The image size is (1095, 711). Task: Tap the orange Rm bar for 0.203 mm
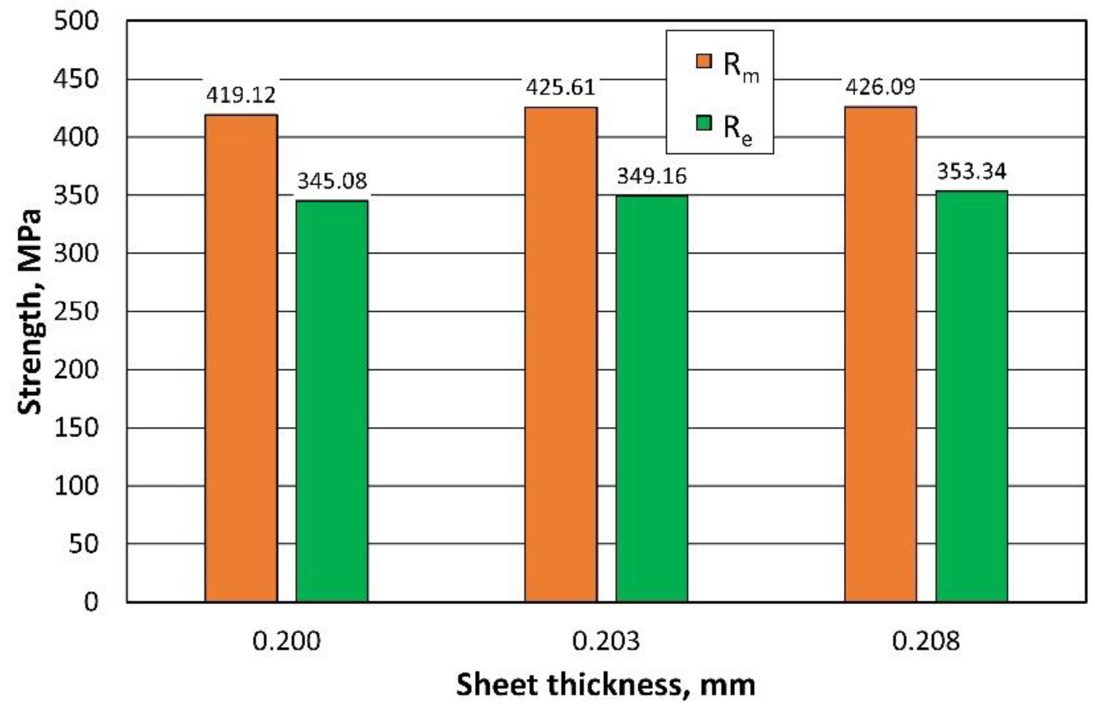(x=561, y=355)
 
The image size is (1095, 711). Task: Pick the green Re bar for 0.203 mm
(x=652, y=398)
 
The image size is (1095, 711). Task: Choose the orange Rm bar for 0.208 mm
(x=881, y=355)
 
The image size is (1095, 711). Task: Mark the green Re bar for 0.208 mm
(x=971, y=396)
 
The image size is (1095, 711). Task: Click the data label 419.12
(x=241, y=95)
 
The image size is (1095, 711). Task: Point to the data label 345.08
(x=332, y=181)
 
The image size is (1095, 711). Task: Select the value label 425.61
(x=561, y=87)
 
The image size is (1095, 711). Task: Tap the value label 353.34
(x=972, y=171)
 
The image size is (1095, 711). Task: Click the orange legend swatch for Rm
(x=703, y=62)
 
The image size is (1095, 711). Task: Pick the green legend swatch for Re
(x=703, y=123)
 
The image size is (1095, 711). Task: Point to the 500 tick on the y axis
(x=76, y=21)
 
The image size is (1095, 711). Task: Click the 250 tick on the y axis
(x=76, y=312)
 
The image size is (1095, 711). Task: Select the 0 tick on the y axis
(x=91, y=602)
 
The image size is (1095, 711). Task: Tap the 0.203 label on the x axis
(x=606, y=642)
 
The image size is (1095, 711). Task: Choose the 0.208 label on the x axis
(x=926, y=642)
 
